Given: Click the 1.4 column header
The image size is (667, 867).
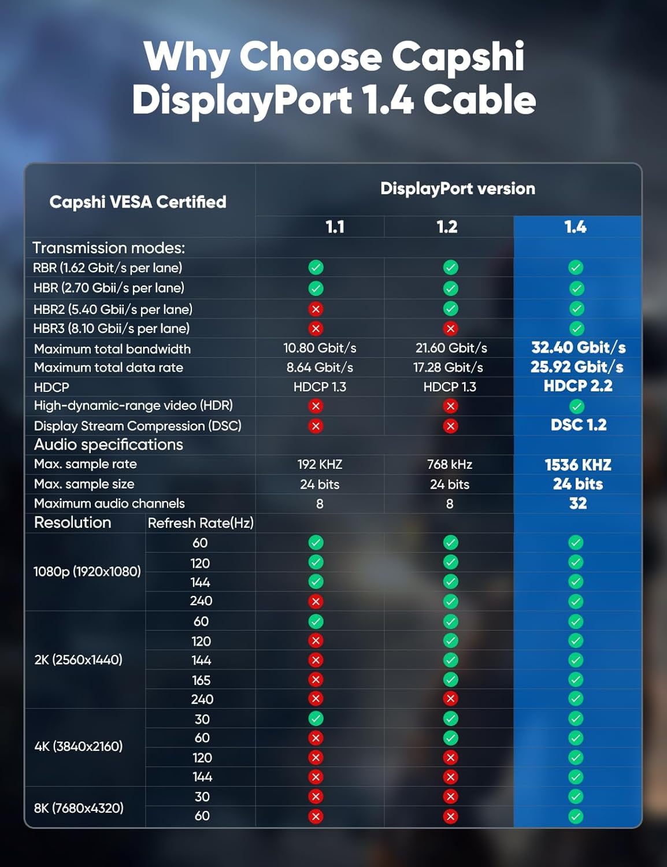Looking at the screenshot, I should point(576,227).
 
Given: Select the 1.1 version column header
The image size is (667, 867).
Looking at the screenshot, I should point(335,227).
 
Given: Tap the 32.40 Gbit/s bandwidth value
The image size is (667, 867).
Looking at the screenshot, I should point(578,347).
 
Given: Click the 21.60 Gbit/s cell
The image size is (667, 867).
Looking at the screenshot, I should point(451,348).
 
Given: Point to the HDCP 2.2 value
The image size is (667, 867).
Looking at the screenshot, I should point(578,386).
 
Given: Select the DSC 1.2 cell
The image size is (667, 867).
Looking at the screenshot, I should point(578,425).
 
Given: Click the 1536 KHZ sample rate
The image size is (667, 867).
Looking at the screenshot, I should point(578,465).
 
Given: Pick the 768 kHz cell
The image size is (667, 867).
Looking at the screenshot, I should point(450,465).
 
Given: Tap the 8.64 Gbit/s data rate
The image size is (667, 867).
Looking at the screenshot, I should point(320,368).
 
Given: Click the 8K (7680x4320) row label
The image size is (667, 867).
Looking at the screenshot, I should point(79,807).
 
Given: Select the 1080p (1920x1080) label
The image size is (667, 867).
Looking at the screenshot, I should point(87,571).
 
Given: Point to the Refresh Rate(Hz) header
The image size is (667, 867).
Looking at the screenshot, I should point(201,523).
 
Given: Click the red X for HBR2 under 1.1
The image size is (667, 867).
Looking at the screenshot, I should point(316,309).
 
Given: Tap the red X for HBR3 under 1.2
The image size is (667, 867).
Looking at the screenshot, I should point(450,328).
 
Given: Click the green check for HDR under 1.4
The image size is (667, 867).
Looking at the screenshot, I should point(576,406).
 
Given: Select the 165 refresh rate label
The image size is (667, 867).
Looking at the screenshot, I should point(201,680).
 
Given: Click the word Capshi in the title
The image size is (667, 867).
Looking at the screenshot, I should point(458,57).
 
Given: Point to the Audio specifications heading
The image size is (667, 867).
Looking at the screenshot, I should point(109,444).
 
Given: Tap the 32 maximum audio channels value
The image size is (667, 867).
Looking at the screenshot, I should point(578,503).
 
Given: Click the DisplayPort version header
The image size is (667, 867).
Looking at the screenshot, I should point(457,188).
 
